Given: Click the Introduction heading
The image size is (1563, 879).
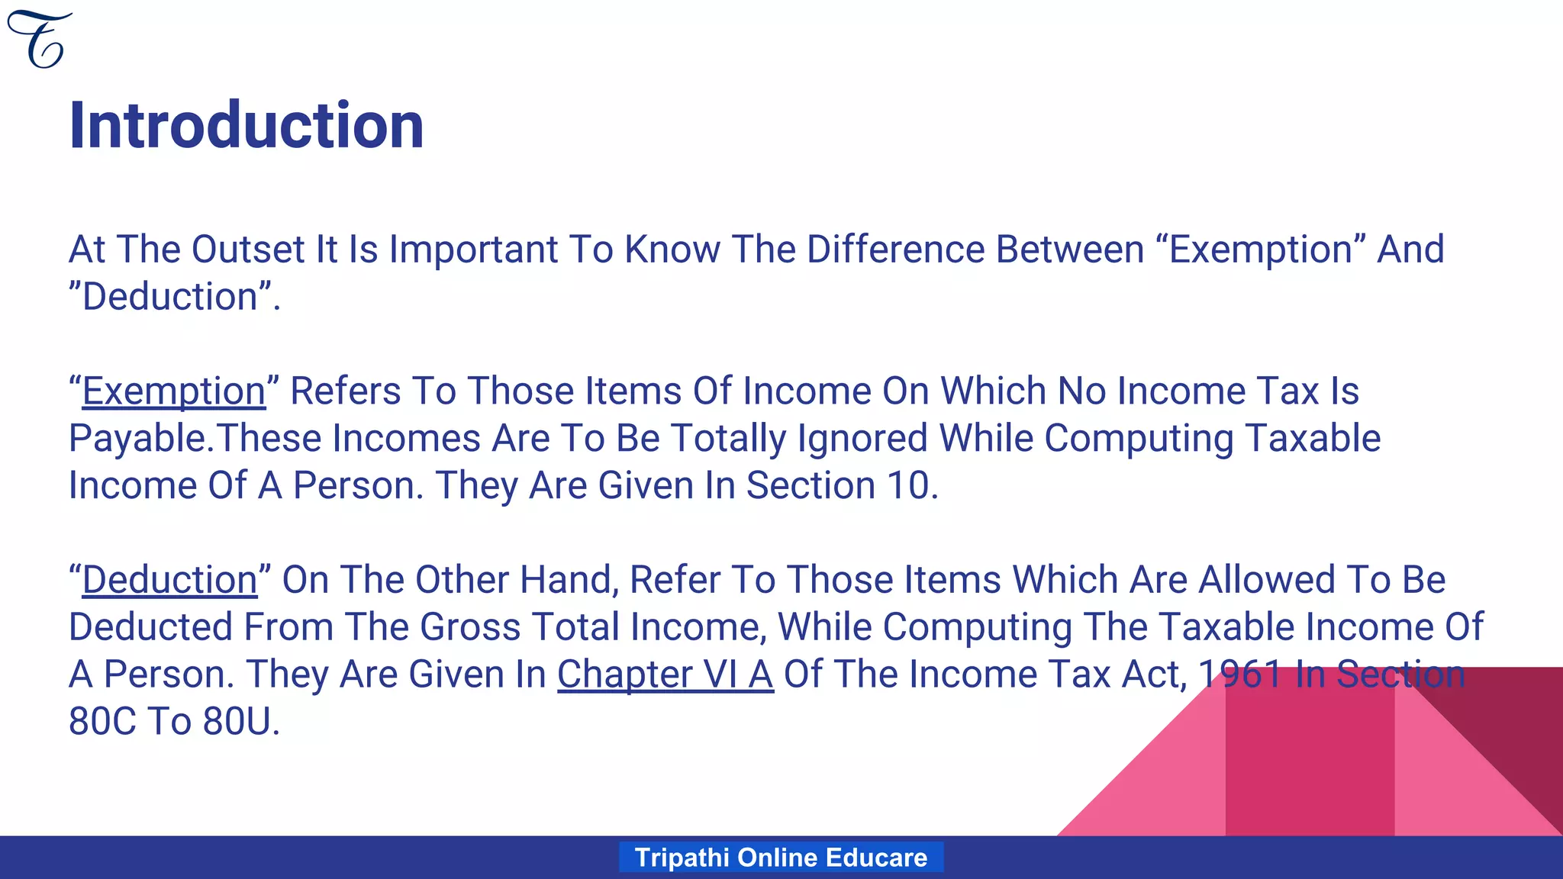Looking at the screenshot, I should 246,126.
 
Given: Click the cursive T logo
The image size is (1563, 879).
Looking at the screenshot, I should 40,40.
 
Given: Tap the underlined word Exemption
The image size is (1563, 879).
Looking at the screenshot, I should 174,392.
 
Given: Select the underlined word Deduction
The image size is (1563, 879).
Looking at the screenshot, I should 169,581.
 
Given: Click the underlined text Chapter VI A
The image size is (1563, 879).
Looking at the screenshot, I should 665,675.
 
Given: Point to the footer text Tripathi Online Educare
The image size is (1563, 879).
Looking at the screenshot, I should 781,858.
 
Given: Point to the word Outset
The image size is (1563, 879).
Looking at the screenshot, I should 248,250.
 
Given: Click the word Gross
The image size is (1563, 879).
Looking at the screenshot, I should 469,628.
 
